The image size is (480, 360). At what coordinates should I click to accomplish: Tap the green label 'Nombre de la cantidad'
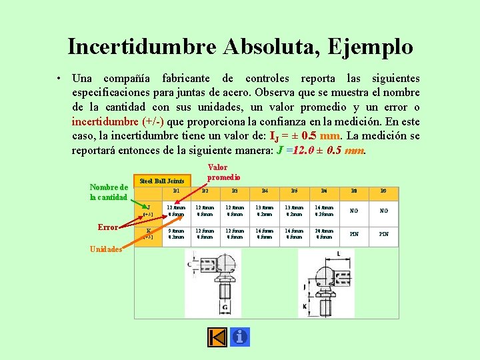[109, 192]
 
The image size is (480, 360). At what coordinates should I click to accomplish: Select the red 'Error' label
[107, 227]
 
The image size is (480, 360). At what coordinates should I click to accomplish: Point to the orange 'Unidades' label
[105, 249]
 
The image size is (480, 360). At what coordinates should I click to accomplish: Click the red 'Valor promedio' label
[223, 173]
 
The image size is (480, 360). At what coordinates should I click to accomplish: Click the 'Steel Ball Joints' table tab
[162, 181]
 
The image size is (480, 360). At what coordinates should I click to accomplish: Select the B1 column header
[177, 191]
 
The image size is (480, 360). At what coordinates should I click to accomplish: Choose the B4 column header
[265, 191]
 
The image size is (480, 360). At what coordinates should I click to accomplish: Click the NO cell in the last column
[383, 211]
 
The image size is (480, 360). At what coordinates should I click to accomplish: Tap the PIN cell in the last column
[383, 234]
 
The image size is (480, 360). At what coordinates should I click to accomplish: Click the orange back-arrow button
[217, 337]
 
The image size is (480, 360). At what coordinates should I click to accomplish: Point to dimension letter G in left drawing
[225, 307]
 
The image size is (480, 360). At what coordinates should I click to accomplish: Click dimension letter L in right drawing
[339, 254]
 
